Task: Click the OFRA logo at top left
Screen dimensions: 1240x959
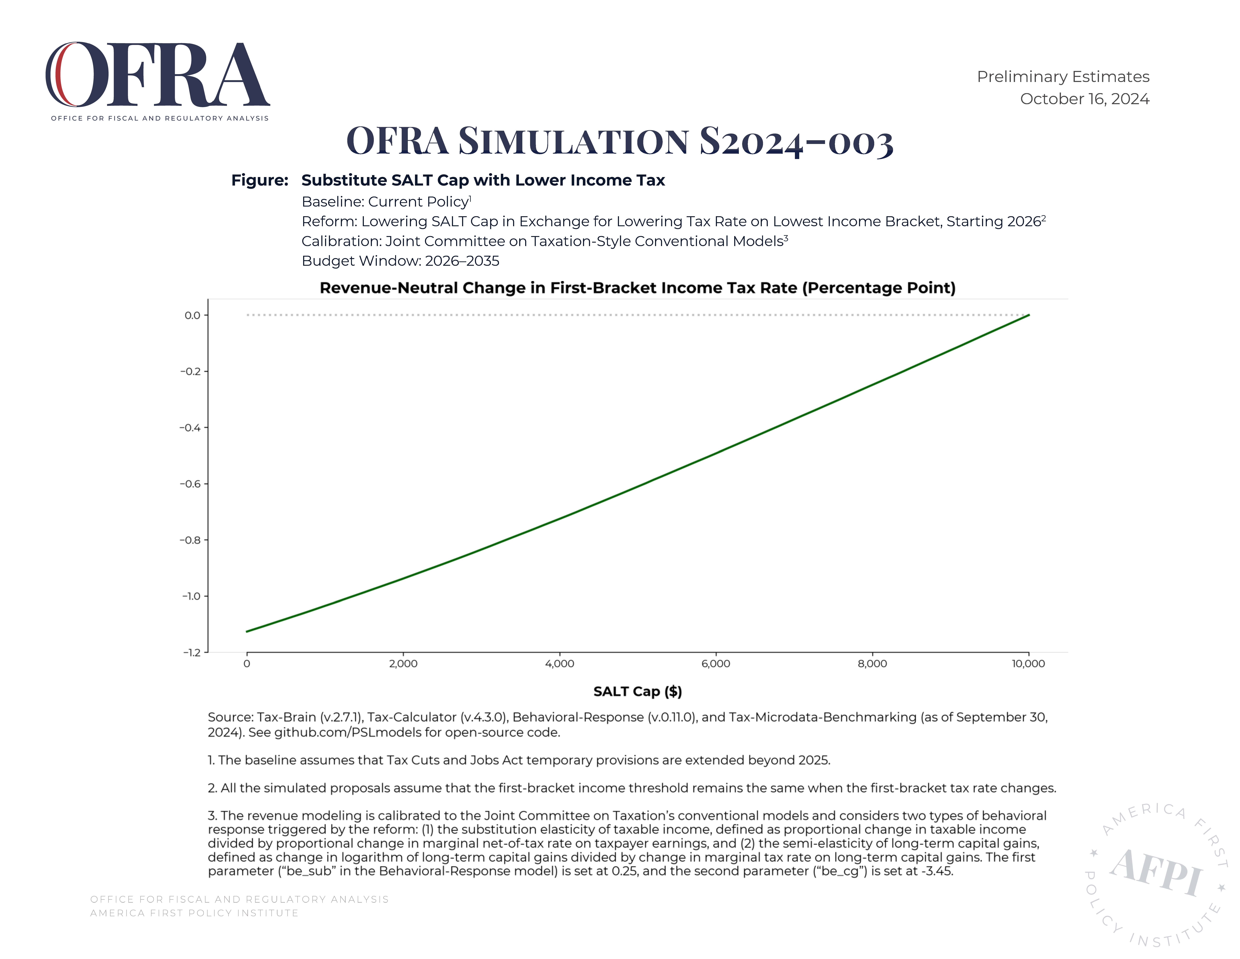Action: click(157, 81)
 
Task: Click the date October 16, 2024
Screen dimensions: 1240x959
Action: click(1084, 99)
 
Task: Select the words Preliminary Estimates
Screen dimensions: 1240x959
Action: click(1063, 77)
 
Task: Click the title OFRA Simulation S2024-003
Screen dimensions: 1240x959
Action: click(620, 140)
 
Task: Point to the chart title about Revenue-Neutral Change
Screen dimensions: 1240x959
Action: click(638, 288)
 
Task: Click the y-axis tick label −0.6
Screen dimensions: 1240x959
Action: click(190, 484)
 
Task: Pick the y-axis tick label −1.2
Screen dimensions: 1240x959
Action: click(191, 653)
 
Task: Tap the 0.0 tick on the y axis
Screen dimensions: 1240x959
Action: click(193, 315)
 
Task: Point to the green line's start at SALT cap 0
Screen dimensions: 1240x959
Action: click(247, 632)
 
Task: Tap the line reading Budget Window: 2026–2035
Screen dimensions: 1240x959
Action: click(400, 261)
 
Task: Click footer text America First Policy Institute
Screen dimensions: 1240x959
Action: click(194, 913)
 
